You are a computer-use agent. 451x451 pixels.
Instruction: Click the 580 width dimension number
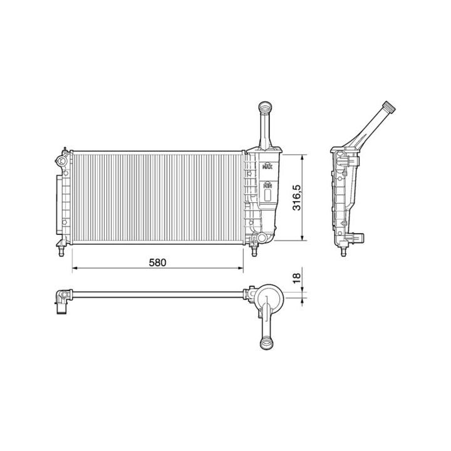[158, 262]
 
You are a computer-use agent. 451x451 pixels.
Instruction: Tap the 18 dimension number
[297, 276]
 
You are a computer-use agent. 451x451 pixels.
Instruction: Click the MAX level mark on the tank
[269, 166]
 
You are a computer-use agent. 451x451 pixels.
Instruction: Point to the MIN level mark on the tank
[268, 185]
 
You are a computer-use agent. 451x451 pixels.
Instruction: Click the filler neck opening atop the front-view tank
[263, 106]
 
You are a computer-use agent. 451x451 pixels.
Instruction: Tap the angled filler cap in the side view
[389, 107]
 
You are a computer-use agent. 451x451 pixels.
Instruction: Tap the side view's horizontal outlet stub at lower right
[359, 238]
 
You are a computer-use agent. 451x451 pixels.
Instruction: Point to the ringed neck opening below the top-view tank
[267, 343]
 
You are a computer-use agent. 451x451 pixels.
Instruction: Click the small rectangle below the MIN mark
[268, 195]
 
